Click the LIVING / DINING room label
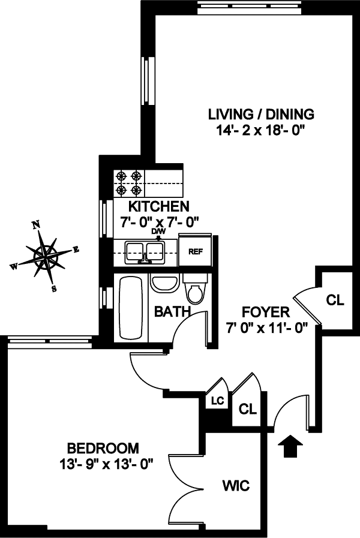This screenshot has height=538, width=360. coord(261,114)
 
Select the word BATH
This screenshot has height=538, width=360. coord(172,311)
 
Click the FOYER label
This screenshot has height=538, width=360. coord(266,312)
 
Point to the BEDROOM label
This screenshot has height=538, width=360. coord(103,448)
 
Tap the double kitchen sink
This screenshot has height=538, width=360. coord(145,251)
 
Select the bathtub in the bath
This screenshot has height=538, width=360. coord(128,307)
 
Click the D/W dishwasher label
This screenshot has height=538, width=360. coord(158,231)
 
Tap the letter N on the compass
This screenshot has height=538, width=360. coord(36,225)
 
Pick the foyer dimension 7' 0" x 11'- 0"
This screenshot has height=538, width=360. coord(266,327)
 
